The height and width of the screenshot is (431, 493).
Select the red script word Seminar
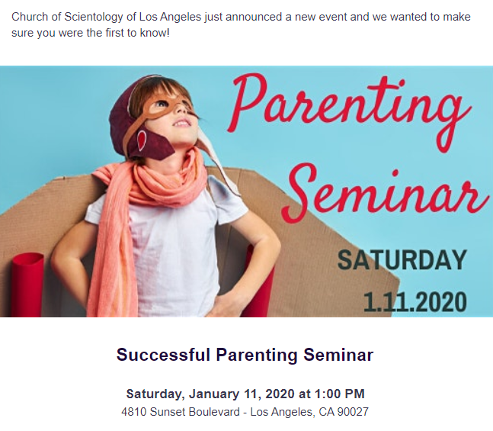(x=386, y=192)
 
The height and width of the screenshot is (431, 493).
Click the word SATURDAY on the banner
(x=402, y=260)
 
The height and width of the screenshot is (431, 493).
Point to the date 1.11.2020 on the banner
(x=415, y=301)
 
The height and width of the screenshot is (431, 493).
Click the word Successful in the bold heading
(x=163, y=355)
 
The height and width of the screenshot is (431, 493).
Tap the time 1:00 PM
(x=339, y=394)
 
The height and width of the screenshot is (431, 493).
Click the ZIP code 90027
(x=353, y=412)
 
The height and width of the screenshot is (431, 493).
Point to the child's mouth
(x=181, y=123)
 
